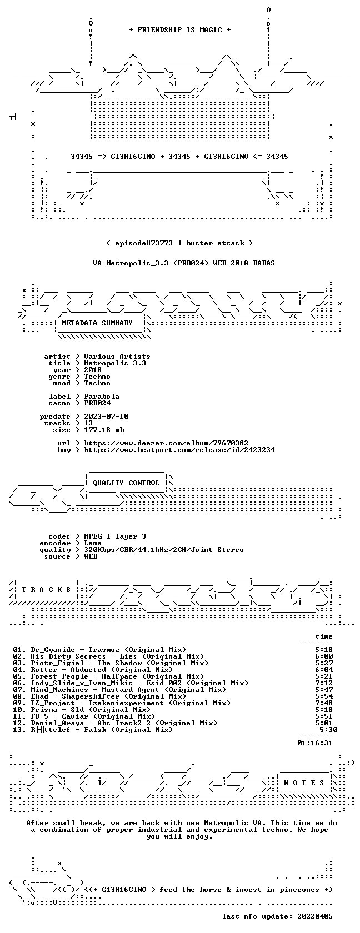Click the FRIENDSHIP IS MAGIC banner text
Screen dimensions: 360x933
pyautogui.click(x=180, y=30)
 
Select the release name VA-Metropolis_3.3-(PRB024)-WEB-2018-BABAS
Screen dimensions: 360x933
pyautogui.click(x=184, y=263)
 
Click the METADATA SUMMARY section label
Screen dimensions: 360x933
pyautogui.click(x=97, y=323)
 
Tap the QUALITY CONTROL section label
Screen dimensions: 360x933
pyautogui.click(x=126, y=483)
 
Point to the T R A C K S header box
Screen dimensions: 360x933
pyautogui.click(x=46, y=590)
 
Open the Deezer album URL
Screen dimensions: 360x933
pyautogui.click(x=166, y=443)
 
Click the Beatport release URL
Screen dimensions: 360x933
pyautogui.click(x=179, y=450)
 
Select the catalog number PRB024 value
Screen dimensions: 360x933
pyautogui.click(x=98, y=403)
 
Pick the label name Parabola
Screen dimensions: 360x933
pyautogui.click(x=102, y=397)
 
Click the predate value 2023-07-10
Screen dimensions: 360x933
pyautogui.click(x=106, y=417)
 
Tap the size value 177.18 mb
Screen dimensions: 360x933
pyautogui.click(x=104, y=430)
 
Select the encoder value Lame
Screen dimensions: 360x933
pyautogui.click(x=92, y=543)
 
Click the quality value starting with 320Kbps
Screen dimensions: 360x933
pyautogui.click(x=164, y=550)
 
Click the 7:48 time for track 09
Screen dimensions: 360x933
pyautogui.click(x=324, y=703)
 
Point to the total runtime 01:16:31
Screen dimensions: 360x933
pyautogui.click(x=315, y=743)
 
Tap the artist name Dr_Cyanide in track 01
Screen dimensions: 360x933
pyautogui.click(x=53, y=650)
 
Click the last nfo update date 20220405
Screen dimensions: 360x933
pyautogui.click(x=315, y=916)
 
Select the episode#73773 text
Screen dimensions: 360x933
pyautogui.click(x=144, y=243)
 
